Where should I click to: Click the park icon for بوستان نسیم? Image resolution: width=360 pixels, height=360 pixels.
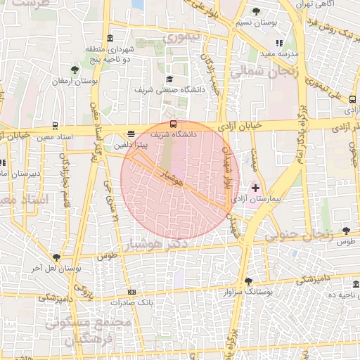coord(257,11)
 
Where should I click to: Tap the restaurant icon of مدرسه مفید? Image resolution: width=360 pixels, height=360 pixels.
coord(279,44)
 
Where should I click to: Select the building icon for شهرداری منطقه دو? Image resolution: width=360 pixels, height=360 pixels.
coord(109,38)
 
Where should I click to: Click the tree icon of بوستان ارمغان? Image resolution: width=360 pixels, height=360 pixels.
coord(75,70)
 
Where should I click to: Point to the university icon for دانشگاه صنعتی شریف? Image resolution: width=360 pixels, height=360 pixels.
coord(169,79)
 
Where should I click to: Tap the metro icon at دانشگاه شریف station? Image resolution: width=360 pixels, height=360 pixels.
coord(174,124)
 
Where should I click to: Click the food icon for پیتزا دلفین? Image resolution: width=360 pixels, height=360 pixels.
coord(131,134)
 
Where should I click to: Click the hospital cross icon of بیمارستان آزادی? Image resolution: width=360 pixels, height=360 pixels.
coord(255,188)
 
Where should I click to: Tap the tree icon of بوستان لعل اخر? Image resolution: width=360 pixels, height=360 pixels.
coord(56,257)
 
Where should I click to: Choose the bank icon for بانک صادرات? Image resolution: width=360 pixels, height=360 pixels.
coord(131,292)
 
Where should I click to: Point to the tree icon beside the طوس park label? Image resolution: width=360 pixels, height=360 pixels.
coord(345,231)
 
